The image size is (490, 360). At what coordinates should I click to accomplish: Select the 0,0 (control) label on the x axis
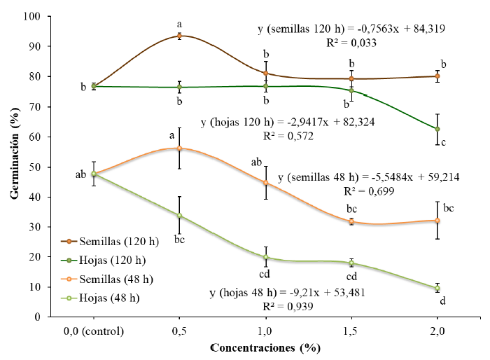(x=93, y=330)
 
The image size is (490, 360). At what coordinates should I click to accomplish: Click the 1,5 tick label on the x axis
(x=351, y=330)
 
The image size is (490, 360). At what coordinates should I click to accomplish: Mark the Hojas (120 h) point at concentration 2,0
(x=437, y=129)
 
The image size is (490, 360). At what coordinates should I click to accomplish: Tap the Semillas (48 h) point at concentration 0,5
(x=179, y=148)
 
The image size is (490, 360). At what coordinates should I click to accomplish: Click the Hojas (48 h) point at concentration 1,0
(x=265, y=257)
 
